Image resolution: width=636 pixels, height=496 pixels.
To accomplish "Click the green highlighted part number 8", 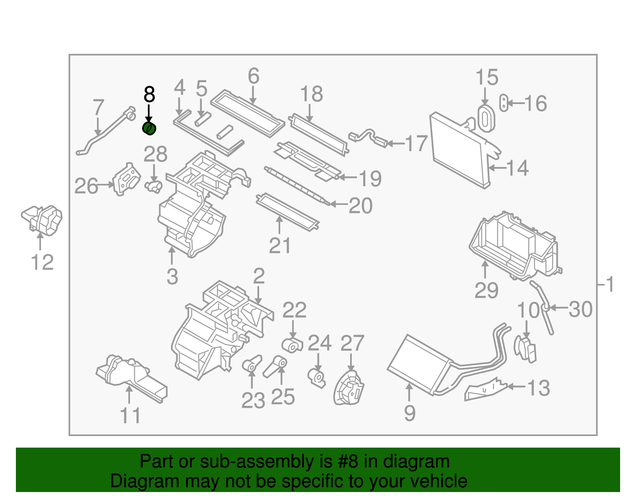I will (x=149, y=129).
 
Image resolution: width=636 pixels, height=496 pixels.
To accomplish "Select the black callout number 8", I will (x=149, y=95).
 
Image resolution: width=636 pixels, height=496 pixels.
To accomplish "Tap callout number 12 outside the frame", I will (x=42, y=262).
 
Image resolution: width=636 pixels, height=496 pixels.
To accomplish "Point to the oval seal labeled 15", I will (x=486, y=118).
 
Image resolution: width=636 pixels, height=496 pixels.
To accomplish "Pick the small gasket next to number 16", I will (x=504, y=103).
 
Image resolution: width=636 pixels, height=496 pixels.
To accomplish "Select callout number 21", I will (x=280, y=246).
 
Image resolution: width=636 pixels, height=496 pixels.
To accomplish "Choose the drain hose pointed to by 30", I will (x=543, y=306).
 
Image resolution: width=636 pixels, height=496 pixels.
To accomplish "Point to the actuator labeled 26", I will (x=127, y=179).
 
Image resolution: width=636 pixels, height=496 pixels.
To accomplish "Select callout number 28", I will (x=155, y=155).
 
